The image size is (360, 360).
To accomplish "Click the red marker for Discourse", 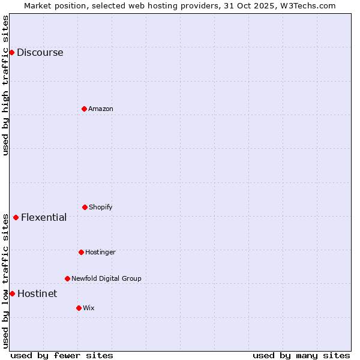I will [11, 52].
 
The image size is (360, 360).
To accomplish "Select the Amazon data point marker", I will [84, 109].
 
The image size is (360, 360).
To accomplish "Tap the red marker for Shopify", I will [85, 207].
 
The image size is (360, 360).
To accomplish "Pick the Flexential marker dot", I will [16, 217].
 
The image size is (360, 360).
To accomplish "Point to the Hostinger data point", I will [81, 252].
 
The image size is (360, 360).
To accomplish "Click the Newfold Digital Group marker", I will [67, 278].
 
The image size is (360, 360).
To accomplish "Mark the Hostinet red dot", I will [12, 293].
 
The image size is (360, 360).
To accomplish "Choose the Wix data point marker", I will [79, 308].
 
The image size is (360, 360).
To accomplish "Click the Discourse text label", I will [40, 52].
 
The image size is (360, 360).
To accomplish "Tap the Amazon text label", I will [101, 109].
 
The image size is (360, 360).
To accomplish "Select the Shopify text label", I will [101, 207].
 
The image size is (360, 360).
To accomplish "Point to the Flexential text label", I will [44, 217].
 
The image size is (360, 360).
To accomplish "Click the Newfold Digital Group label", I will [106, 278].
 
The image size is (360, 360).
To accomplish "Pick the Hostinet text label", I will [37, 293].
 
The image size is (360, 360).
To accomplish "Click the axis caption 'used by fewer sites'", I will [62, 355].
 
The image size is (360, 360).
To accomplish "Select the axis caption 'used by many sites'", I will [301, 355].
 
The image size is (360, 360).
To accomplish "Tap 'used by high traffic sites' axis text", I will [5, 85].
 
